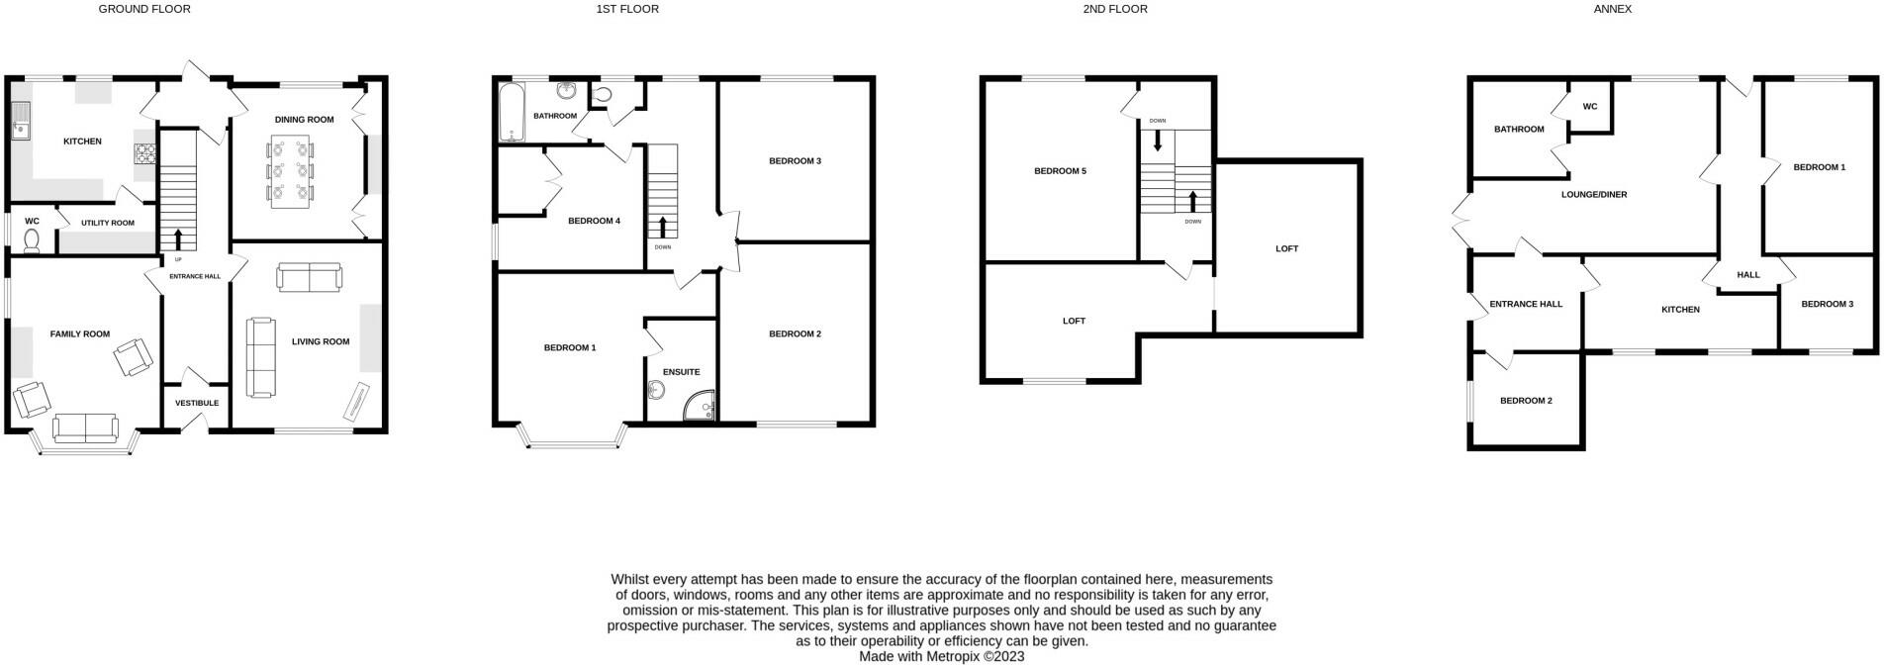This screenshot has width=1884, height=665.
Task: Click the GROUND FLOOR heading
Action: (x=144, y=9)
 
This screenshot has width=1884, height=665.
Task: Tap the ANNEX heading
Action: (x=1612, y=9)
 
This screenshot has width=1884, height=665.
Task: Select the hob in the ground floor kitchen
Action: (x=145, y=154)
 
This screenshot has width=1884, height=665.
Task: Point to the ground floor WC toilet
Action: (x=31, y=240)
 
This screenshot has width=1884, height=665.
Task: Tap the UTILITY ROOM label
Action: (x=108, y=223)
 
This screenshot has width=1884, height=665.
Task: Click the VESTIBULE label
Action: (x=197, y=403)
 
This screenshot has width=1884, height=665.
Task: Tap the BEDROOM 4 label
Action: (x=594, y=221)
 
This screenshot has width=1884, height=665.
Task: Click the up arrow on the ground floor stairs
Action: (x=178, y=237)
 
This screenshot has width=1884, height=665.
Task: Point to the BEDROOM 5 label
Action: (x=1060, y=171)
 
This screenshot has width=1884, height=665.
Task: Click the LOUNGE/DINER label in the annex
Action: (x=1594, y=195)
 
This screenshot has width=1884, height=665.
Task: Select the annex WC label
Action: (x=1590, y=107)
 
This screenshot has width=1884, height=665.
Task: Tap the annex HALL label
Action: (x=1748, y=274)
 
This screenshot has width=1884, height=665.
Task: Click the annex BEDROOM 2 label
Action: (x=1526, y=401)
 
